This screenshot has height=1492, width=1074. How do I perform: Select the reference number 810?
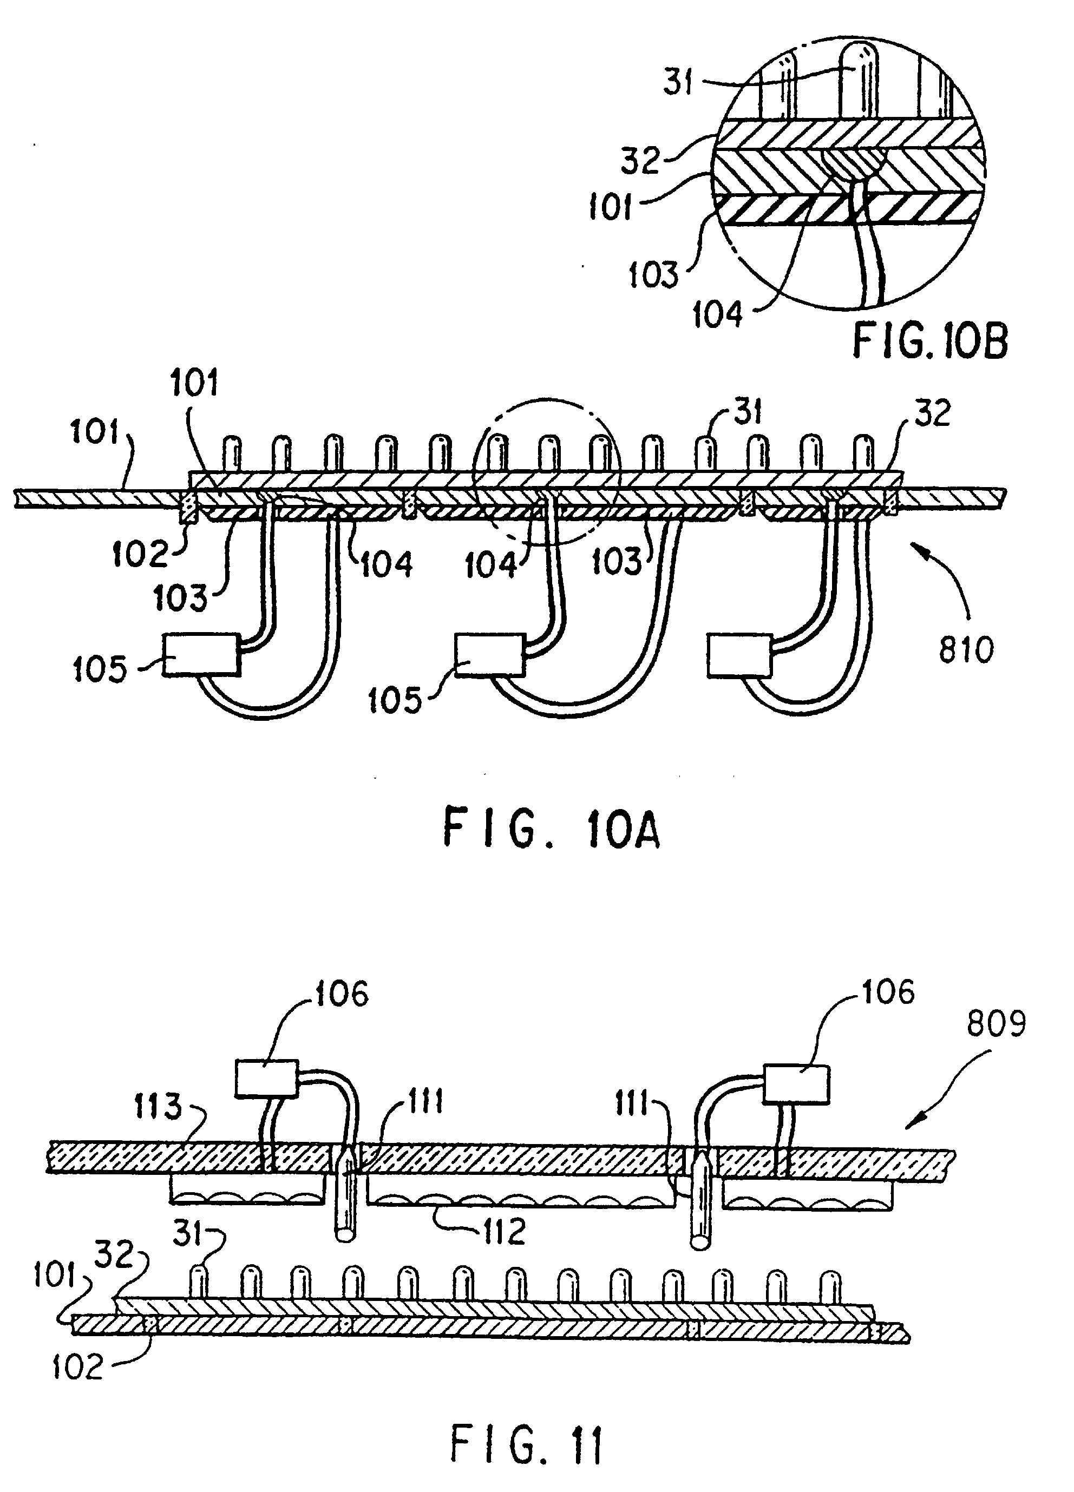965,650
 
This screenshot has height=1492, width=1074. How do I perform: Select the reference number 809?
995,1024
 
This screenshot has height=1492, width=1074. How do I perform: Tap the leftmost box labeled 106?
266,1078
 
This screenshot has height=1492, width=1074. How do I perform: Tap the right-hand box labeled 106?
796,1084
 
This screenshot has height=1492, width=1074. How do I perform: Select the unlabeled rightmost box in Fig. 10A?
739,655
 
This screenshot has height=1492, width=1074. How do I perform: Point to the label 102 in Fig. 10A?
140,554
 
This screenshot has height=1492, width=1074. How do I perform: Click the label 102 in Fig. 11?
77,1368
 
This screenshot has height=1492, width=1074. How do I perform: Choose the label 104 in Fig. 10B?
717,314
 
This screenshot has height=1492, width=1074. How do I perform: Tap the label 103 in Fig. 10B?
652,274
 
